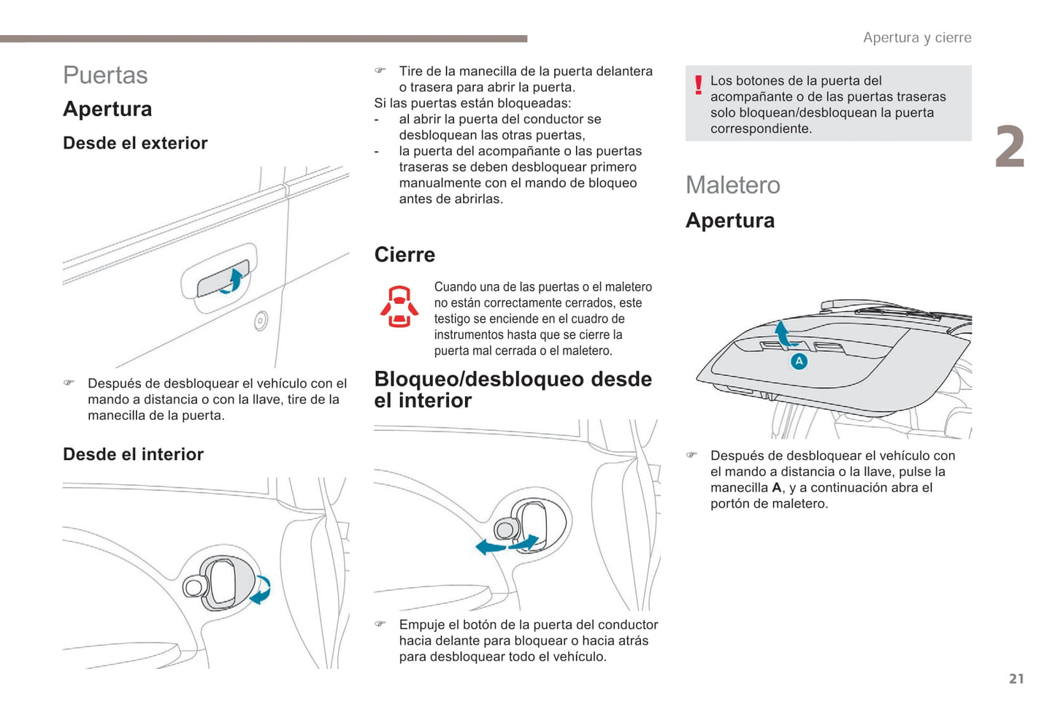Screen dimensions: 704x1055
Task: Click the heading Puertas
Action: click(105, 75)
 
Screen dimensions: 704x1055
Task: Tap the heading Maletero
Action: click(732, 185)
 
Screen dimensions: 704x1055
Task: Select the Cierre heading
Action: click(404, 255)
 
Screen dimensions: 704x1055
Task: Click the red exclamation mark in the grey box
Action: click(698, 85)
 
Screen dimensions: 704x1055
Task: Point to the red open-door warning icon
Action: click(399, 307)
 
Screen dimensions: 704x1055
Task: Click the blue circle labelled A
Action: click(799, 361)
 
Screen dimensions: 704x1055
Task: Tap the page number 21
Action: click(1016, 678)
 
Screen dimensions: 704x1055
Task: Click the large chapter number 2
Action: click(1010, 147)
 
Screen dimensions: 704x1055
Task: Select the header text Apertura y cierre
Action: click(917, 38)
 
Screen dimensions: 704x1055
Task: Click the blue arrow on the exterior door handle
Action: click(233, 280)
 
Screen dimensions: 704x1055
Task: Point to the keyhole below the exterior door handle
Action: click(261, 321)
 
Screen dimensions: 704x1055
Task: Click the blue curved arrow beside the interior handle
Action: click(261, 591)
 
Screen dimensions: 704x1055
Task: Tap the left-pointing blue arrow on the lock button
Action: click(488, 547)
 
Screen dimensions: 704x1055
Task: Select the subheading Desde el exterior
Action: click(135, 143)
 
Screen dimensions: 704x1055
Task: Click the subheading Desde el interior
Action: click(133, 454)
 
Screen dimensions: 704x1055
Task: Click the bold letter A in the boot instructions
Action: click(776, 488)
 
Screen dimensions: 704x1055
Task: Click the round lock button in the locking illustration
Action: click(505, 529)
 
